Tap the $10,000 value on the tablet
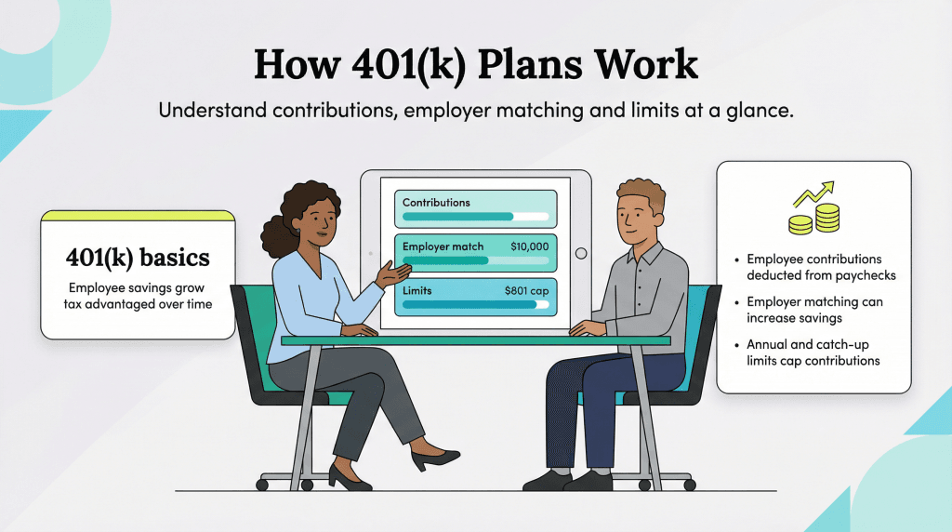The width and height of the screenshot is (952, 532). point(529,246)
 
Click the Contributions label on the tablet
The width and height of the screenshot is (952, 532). point(436,202)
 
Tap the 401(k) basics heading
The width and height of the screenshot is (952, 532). point(138,257)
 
